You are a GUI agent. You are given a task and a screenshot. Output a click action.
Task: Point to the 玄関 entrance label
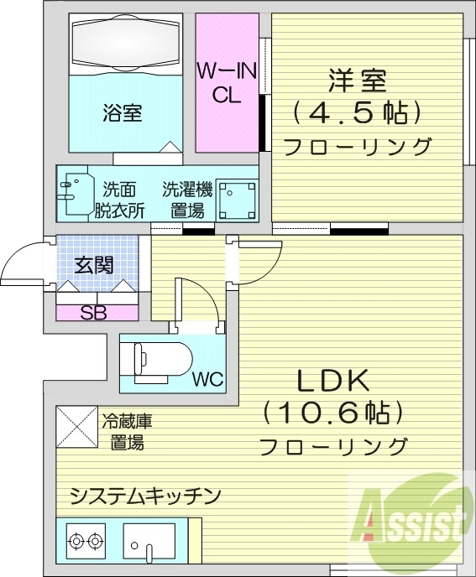coord(94,266)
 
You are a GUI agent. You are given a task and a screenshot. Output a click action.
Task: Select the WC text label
coord(208,379)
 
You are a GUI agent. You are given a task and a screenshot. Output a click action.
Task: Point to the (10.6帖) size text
coord(333,413)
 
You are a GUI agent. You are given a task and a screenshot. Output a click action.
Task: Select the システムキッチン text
coord(145,495)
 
